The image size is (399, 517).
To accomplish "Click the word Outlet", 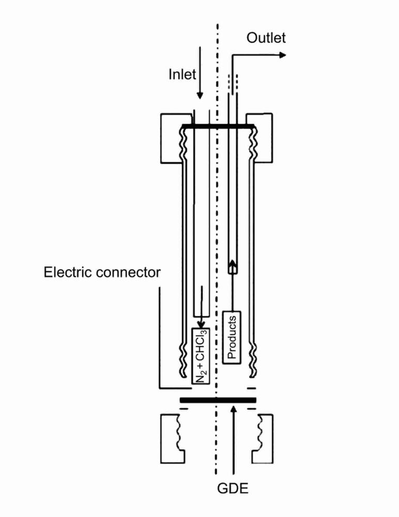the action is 266,38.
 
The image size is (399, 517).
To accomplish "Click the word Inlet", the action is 182,74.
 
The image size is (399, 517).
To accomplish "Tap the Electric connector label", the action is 102,272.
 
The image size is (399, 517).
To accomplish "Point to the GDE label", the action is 233,488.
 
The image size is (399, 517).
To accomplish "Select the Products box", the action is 232,337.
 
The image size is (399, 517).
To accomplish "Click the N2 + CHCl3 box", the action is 201,356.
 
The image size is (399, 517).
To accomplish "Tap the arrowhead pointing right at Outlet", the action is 282,55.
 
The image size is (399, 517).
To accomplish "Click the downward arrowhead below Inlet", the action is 200,96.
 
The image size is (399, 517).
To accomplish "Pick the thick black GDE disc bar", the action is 218,400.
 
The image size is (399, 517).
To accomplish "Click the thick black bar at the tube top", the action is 218,126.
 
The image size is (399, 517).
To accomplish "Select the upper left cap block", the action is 172,138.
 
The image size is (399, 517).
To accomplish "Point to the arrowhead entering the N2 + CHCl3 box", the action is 201,325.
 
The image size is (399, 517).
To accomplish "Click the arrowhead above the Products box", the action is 233,263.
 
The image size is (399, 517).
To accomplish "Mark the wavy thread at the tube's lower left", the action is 182,361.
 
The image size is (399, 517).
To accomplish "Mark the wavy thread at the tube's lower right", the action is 253,361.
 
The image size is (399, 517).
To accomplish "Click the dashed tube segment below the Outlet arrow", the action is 233,83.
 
